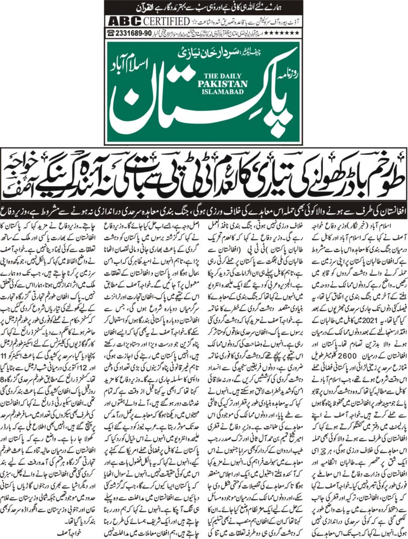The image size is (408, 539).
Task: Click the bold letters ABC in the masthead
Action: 121,22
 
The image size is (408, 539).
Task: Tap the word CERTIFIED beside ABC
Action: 165,22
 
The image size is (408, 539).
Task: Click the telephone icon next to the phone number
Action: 111,33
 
